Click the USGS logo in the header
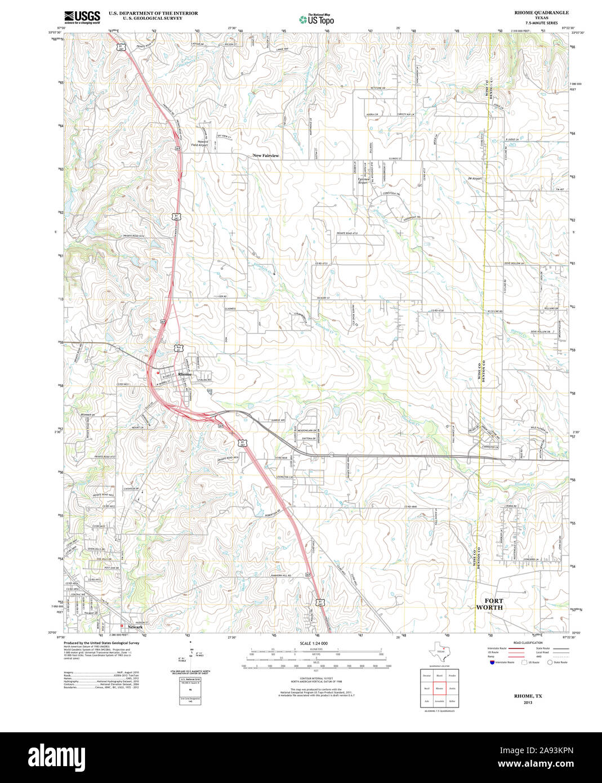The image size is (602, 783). (82, 17)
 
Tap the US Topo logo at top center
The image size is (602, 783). (316, 20)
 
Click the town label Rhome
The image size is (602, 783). (185, 374)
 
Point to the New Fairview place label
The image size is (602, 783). (266, 155)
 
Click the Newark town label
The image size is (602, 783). (135, 627)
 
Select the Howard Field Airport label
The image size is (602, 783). (199, 143)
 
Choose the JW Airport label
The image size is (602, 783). (475, 179)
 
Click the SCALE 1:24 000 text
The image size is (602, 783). (314, 643)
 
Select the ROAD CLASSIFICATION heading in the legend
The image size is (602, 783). (528, 643)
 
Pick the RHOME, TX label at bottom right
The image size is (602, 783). (528, 696)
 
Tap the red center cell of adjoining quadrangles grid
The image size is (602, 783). (439, 688)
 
